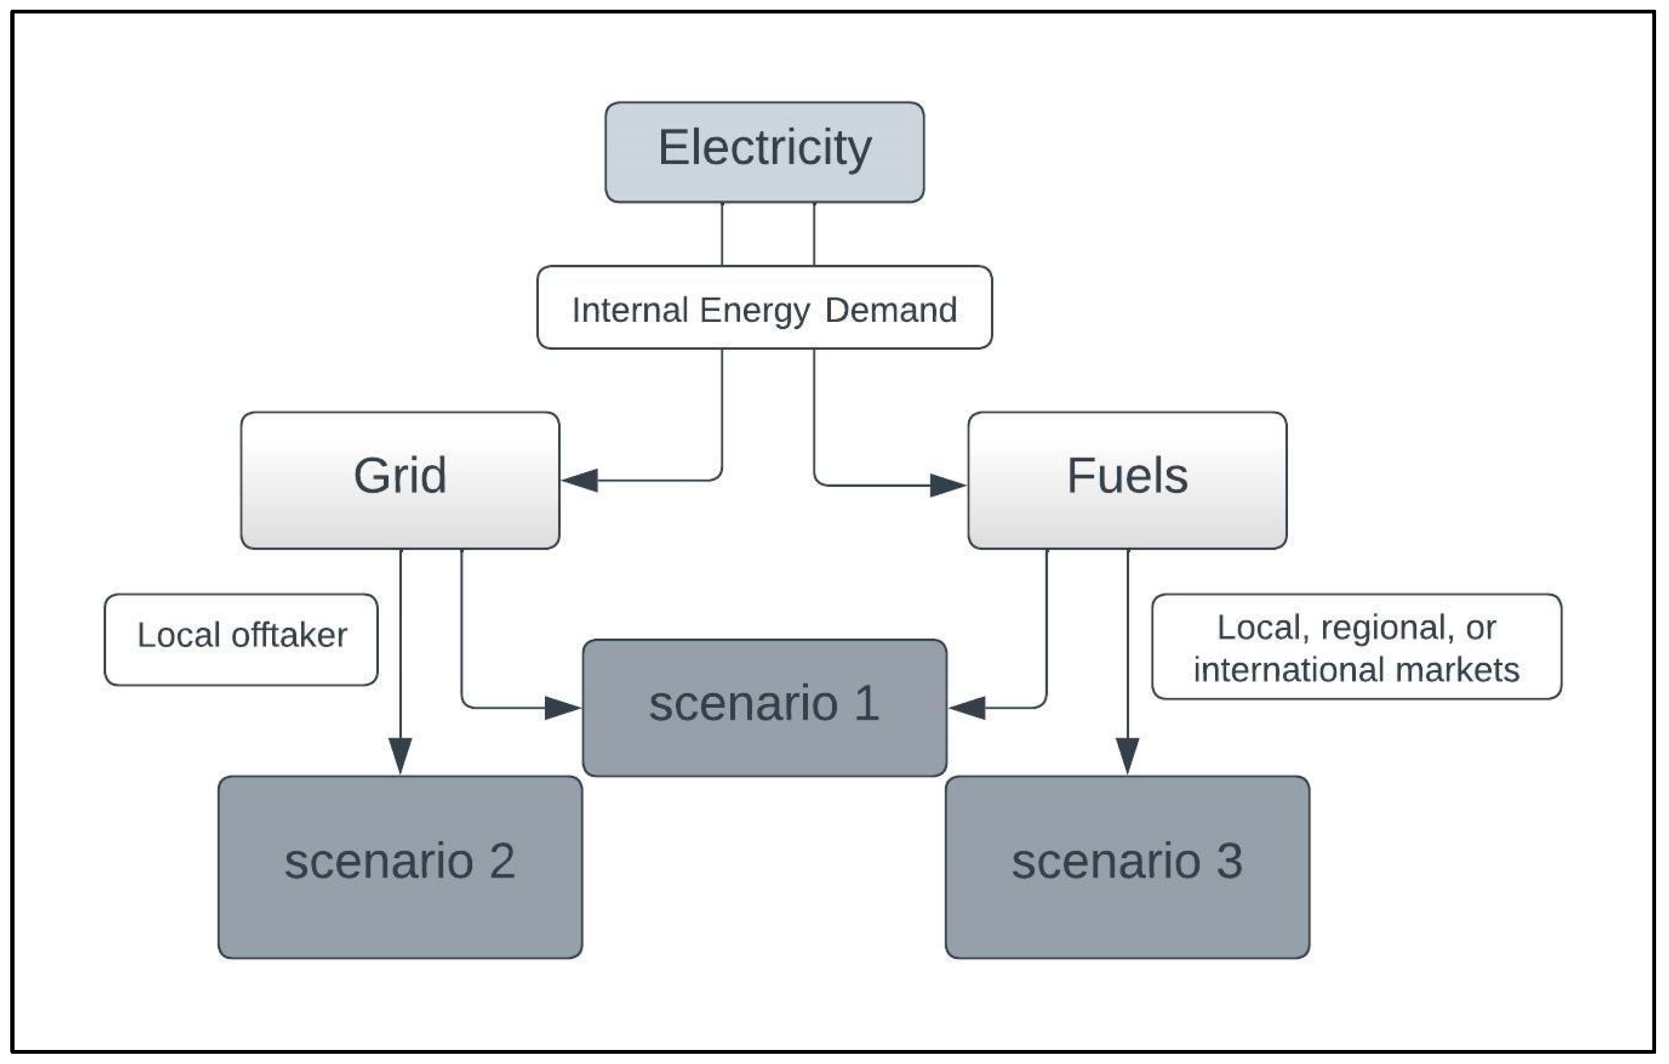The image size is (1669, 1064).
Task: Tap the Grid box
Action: pyautogui.click(x=400, y=480)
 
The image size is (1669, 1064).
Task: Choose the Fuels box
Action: pyautogui.click(x=1126, y=480)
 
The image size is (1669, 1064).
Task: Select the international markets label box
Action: pyautogui.click(x=1356, y=646)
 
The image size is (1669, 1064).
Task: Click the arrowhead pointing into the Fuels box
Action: pyautogui.click(x=947, y=485)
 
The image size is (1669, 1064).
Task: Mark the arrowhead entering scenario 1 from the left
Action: pyautogui.click(x=563, y=708)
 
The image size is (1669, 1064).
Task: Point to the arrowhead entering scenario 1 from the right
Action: pyautogui.click(x=966, y=708)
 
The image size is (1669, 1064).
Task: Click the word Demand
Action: pyautogui.click(x=891, y=310)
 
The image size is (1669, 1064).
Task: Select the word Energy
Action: pyautogui.click(x=754, y=310)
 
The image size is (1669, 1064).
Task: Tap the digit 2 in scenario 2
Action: pyautogui.click(x=502, y=861)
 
